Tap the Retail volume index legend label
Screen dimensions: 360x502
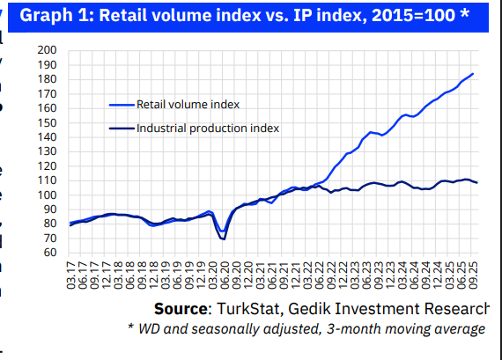pos(188,104)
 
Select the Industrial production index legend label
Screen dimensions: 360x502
pos(208,128)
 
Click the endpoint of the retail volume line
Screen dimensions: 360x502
pos(473,74)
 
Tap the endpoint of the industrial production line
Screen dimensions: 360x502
pos(477,182)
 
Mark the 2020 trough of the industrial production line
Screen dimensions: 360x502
pos(223,239)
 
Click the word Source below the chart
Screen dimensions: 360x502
pos(181,309)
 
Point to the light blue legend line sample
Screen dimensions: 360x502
pos(122,104)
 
